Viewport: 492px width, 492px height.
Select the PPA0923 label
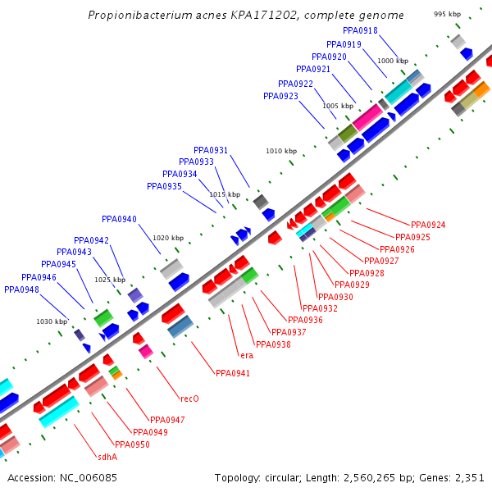pos(280,96)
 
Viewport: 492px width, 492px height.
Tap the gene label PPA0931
pos(211,150)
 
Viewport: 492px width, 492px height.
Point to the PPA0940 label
pos(119,219)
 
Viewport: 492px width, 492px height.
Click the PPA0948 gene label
pos(21,289)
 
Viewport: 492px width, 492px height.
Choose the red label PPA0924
pos(428,225)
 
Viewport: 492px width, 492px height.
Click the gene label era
pos(246,355)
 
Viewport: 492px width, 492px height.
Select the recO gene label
pos(189,399)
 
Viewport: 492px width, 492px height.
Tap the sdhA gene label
pos(107,457)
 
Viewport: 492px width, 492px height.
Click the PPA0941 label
pos(233,373)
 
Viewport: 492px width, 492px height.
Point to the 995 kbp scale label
pos(447,15)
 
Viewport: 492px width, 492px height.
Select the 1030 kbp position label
pos(51,321)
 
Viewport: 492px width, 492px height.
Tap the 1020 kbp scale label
pos(167,238)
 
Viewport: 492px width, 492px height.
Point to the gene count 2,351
pos(468,477)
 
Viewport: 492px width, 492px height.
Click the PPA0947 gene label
pos(167,420)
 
